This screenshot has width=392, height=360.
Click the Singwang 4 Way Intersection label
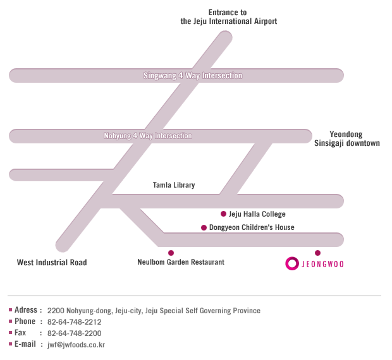pyautogui.click(x=193, y=75)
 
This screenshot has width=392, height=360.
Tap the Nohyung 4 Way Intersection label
pyautogui.click(x=148, y=136)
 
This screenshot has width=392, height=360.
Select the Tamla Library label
pyautogui.click(x=174, y=185)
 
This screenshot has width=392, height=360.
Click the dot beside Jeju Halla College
pyautogui.click(x=223, y=213)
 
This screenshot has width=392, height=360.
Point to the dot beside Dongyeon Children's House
pyautogui.click(x=204, y=227)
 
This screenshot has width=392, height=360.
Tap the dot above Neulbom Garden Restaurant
pyautogui.click(x=171, y=253)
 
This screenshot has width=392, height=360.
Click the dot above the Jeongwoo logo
pyautogui.click(x=317, y=253)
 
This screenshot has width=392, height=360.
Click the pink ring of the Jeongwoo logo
pyautogui.click(x=286, y=263)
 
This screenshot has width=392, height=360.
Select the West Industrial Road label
pyautogui.click(x=52, y=262)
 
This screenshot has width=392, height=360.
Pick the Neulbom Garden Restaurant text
pyautogui.click(x=181, y=262)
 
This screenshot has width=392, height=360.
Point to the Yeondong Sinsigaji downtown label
pyautogui.click(x=347, y=138)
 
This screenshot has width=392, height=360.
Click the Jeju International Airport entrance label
pyautogui.click(x=229, y=16)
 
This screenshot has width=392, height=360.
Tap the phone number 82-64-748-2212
pyautogui.click(x=75, y=322)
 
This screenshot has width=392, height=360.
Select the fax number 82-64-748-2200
pyautogui.click(x=75, y=333)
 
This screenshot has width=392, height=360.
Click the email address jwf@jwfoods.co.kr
pyautogui.click(x=77, y=345)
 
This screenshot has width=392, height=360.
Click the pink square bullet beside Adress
pyautogui.click(x=11, y=310)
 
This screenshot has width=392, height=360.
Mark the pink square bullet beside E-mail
pyautogui.click(x=11, y=344)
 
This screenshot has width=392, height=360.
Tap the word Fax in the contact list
pyautogui.click(x=20, y=333)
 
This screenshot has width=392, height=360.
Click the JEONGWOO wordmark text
pyautogui.click(x=322, y=264)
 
